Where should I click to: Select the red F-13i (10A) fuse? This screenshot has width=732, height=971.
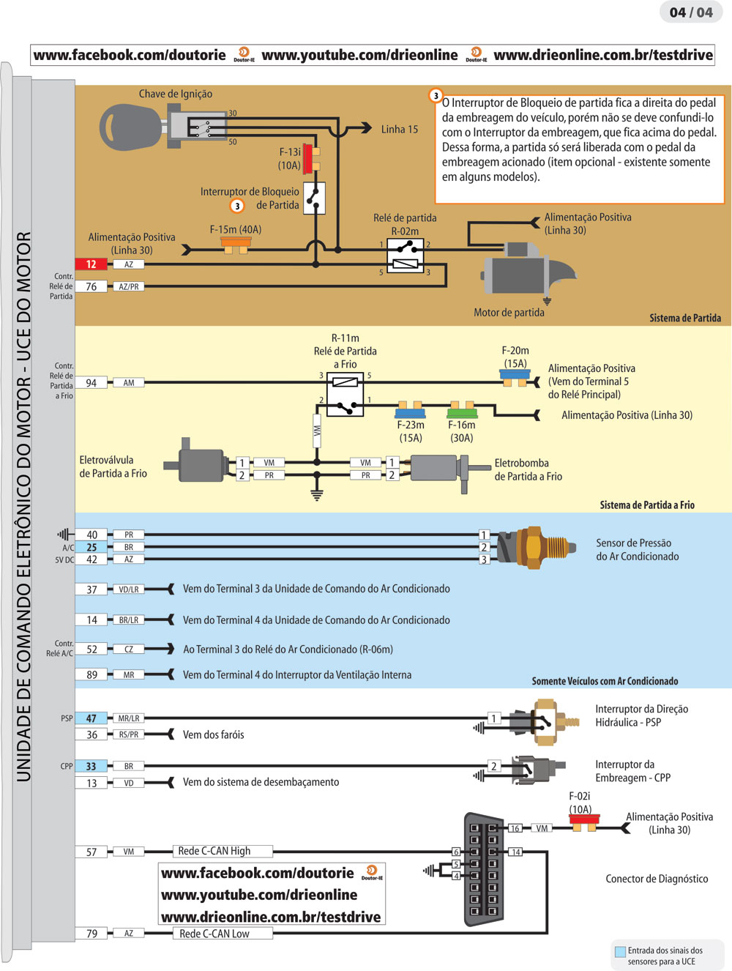click(x=308, y=158)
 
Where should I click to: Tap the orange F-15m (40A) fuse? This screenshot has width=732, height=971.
click(x=236, y=243)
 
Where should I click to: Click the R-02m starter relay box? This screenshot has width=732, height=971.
click(x=405, y=256)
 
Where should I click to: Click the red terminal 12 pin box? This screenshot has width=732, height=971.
click(x=91, y=264)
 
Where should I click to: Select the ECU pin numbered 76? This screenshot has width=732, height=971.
click(x=91, y=286)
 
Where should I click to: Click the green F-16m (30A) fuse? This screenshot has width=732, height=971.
click(x=463, y=409)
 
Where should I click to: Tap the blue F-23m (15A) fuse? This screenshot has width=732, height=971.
click(x=411, y=409)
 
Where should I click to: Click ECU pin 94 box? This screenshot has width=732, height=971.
click(x=91, y=382)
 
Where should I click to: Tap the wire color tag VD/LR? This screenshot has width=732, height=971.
click(x=129, y=589)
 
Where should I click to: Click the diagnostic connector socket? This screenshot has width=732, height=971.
click(x=484, y=868)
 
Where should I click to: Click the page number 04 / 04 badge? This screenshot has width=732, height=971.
click(x=690, y=12)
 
